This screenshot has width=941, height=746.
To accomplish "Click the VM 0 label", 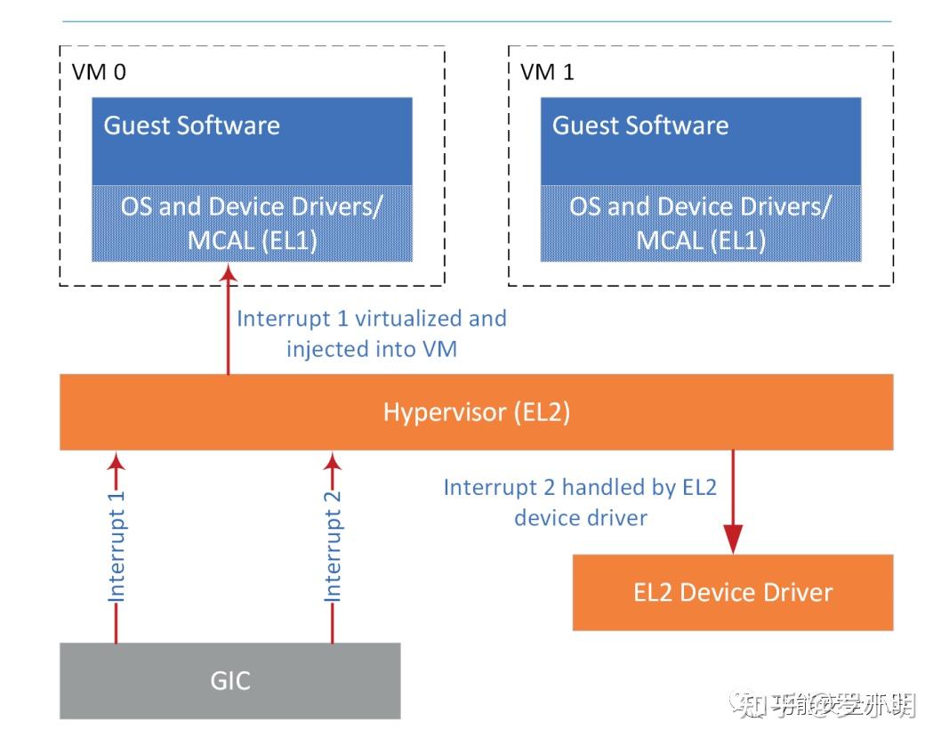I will [99, 72].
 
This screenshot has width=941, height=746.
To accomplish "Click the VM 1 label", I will [547, 72].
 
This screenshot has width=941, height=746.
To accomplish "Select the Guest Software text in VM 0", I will [192, 126].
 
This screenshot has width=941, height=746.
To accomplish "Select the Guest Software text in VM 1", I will [640, 126].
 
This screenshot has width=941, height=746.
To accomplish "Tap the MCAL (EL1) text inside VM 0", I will [252, 241].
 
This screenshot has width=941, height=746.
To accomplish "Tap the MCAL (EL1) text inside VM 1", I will [700, 241].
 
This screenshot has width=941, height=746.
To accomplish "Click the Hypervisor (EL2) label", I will [476, 412].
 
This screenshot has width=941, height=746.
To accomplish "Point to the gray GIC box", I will [229, 681].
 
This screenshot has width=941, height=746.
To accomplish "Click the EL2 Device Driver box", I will [733, 592].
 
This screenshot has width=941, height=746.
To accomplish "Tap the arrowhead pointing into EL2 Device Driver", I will [733, 539].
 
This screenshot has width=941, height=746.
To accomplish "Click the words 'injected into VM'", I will [371, 348].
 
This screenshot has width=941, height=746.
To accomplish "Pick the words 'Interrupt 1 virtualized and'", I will [371, 319].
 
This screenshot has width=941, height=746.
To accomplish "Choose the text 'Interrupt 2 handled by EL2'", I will [580, 487].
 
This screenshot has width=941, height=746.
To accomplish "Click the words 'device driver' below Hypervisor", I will [580, 517].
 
